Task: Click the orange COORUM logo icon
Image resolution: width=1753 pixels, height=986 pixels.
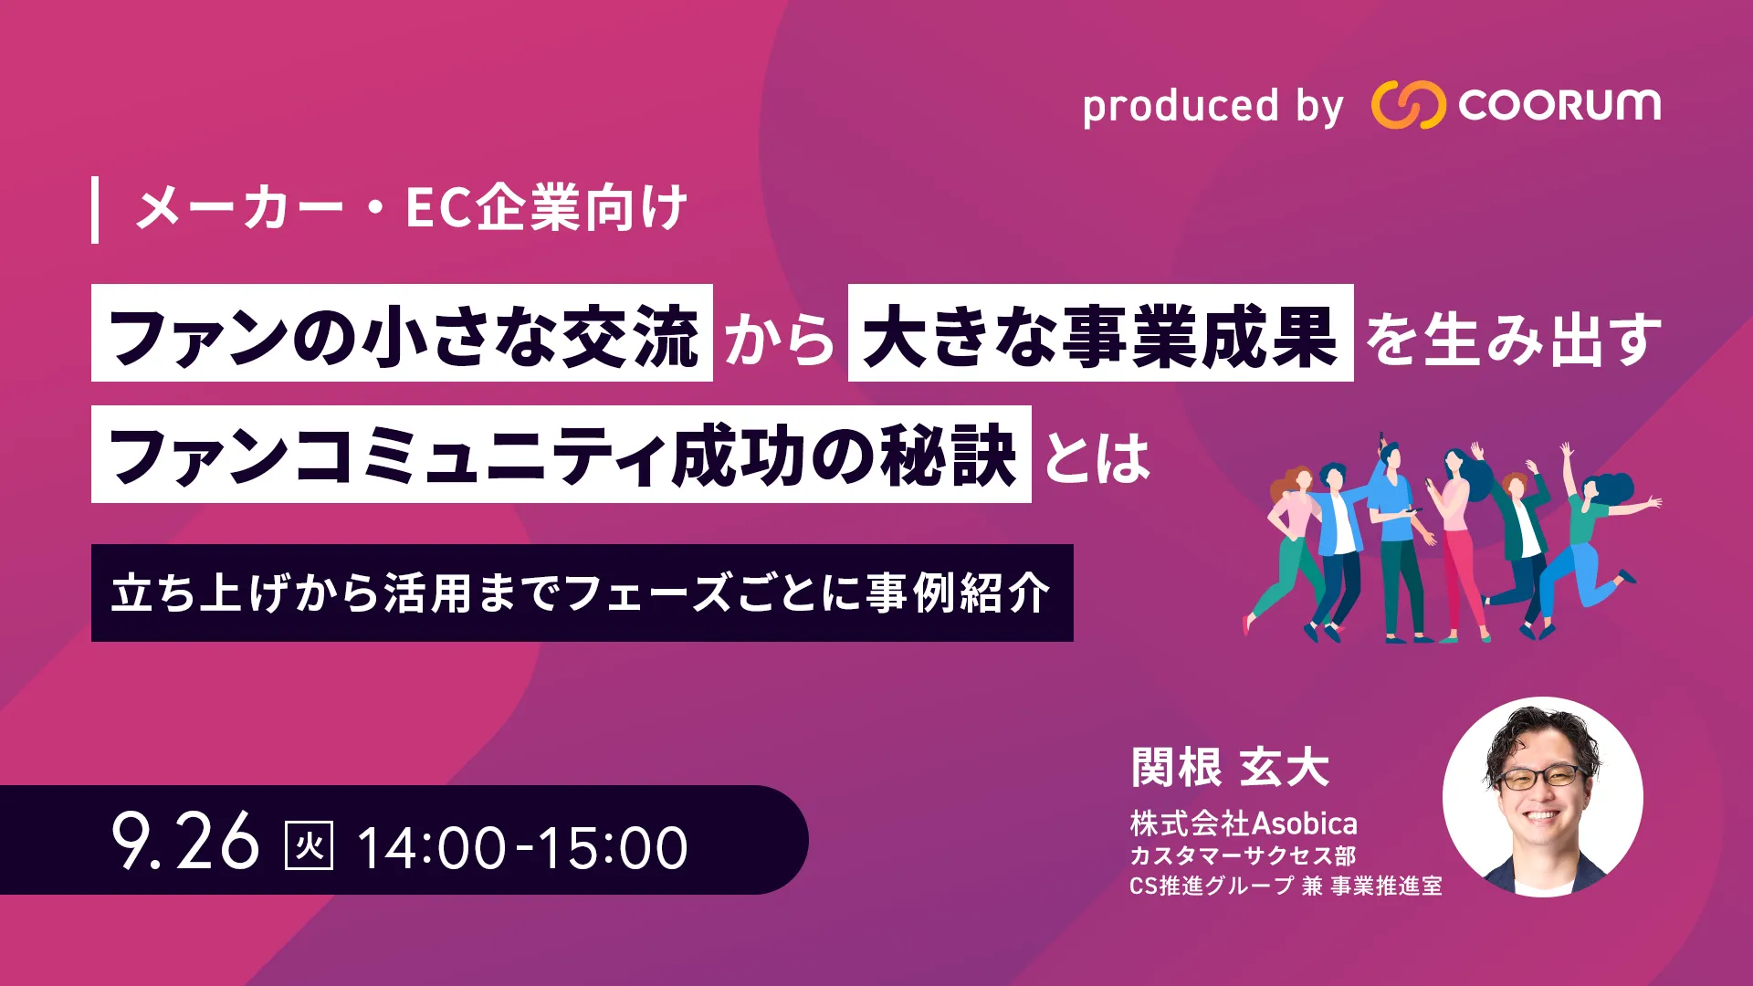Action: (x=1408, y=104)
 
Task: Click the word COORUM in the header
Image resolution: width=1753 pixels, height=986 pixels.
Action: (x=1559, y=105)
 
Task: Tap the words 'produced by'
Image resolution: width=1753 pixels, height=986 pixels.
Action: (x=1213, y=107)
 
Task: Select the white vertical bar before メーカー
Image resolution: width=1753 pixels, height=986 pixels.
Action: (x=95, y=211)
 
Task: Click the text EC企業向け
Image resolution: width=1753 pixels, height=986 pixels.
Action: (x=546, y=208)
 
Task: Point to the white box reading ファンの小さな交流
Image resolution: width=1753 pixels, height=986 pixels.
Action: (x=402, y=333)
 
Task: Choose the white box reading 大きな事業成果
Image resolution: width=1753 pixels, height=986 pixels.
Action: (x=1100, y=333)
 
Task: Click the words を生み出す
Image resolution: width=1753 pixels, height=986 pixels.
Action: (x=1513, y=339)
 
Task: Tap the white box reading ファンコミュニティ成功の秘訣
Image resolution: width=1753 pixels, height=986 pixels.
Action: (x=562, y=455)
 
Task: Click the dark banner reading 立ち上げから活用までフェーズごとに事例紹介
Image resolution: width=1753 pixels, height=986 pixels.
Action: (x=583, y=593)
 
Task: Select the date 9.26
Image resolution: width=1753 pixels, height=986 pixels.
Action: (x=185, y=842)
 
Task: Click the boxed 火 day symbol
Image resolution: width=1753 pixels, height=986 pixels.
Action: (x=310, y=845)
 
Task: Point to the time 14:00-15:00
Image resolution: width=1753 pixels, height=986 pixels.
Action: (x=522, y=847)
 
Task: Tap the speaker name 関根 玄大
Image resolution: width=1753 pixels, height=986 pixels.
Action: (x=1230, y=767)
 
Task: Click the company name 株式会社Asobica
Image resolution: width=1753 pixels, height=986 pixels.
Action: (x=1244, y=823)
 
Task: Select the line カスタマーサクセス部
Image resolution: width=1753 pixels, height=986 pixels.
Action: (x=1243, y=856)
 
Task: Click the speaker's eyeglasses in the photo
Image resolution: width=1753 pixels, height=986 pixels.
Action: (x=1541, y=778)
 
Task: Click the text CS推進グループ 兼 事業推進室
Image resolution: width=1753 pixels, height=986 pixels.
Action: (x=1286, y=886)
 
